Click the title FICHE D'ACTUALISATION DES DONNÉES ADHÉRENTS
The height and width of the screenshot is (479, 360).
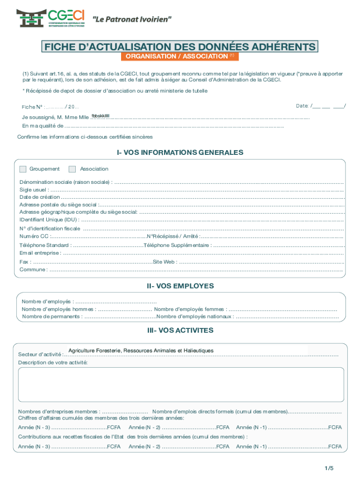(180, 47)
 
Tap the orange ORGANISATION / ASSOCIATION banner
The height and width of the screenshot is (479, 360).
(180, 57)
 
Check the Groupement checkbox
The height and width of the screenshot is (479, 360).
(23, 169)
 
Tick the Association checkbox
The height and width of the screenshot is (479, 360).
(72, 169)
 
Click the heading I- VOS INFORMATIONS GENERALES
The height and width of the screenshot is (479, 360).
(180, 152)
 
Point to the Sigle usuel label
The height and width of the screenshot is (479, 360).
(33, 189)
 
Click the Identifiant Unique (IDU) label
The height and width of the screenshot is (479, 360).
(49, 219)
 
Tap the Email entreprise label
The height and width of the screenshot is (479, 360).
(40, 253)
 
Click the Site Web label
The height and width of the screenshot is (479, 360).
(164, 262)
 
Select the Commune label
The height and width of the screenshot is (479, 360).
(33, 270)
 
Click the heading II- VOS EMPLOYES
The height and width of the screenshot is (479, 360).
(180, 286)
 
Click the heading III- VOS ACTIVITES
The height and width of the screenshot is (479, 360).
(180, 330)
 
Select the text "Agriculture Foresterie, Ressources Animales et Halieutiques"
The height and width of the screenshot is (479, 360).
(141, 350)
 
